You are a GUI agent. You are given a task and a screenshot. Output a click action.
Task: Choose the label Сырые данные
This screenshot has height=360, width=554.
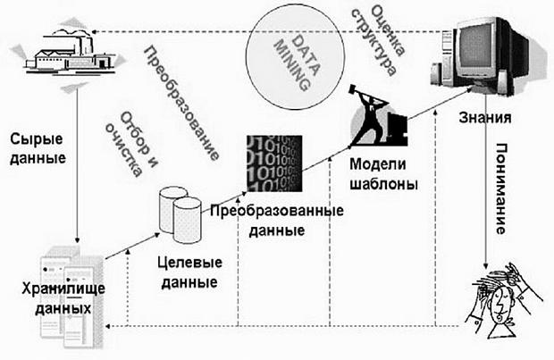coord(39,150)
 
